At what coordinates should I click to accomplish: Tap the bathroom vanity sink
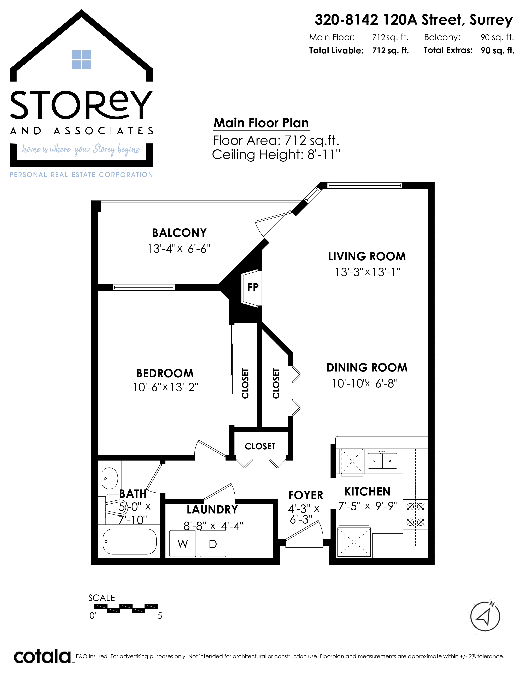tap(110, 479)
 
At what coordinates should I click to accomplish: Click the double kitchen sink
tap(382, 461)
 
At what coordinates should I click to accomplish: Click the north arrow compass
tap(485, 616)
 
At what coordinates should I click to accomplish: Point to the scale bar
tap(126, 608)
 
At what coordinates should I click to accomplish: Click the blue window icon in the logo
tap(81, 60)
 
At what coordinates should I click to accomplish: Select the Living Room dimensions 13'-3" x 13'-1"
tap(368, 272)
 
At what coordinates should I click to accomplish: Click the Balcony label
tap(179, 233)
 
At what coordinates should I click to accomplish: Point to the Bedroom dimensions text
tap(165, 387)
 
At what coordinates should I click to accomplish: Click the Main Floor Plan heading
tap(261, 123)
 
